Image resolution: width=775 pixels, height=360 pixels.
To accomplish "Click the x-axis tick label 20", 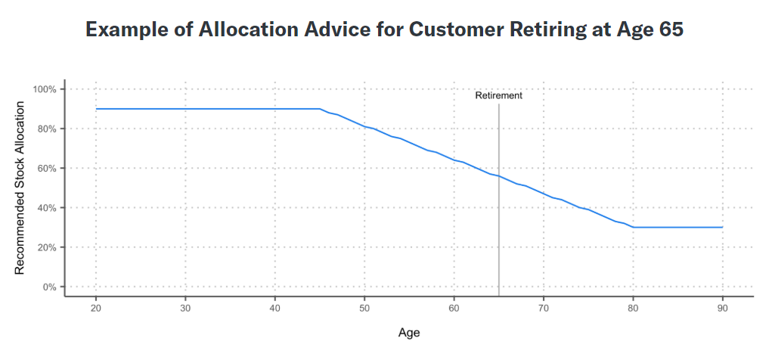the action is point(95,307).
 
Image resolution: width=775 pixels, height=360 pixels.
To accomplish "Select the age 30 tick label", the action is point(184,307).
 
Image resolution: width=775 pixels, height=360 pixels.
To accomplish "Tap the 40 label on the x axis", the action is point(274,307).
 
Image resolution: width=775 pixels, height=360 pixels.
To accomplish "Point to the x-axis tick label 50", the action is point(364,307).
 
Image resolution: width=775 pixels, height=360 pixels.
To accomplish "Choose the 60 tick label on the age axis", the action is point(454,307).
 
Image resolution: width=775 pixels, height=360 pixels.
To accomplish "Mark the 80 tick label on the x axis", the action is point(633,307).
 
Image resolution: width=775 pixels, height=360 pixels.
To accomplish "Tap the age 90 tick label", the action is point(723,307).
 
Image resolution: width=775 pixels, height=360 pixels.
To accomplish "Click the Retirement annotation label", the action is point(499,95).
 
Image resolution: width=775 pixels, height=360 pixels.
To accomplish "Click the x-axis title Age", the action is point(409,333).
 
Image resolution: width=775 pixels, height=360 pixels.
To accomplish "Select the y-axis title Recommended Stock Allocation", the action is point(19,188).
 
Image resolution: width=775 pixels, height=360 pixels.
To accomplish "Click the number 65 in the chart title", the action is point(671,29).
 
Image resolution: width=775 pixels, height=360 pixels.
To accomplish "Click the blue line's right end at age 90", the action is point(723,228).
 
